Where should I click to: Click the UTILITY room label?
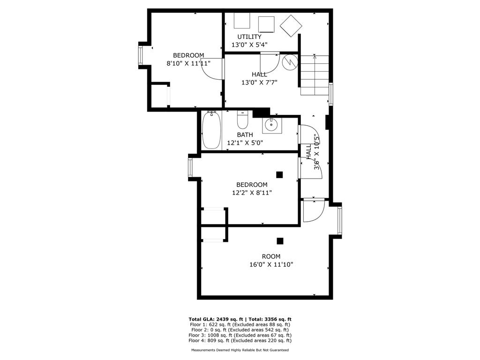click(249, 37)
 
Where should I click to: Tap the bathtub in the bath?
click(211, 130)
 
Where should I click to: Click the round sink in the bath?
click(270, 125)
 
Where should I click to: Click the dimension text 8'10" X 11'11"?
click(188, 63)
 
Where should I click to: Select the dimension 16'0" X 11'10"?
click(271, 264)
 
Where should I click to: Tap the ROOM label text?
click(271, 256)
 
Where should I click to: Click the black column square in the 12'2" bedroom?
click(280, 175)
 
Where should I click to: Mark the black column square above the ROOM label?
click(280, 241)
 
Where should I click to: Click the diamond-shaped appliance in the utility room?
click(291, 25)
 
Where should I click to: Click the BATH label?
click(245, 135)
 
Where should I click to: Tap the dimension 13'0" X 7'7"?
click(259, 82)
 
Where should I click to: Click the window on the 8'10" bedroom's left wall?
click(141, 55)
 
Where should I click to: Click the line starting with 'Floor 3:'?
click(240, 335)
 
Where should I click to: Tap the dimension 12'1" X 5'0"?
click(245, 143)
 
